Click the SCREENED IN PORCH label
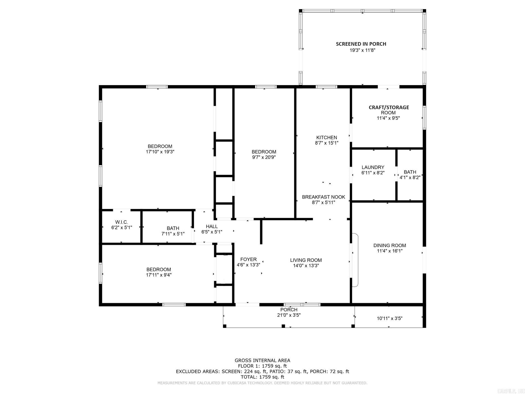click(x=361, y=44)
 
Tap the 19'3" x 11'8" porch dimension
click(x=362, y=50)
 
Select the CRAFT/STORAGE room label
click(x=389, y=107)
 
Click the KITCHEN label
click(x=326, y=137)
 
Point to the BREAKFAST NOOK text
click(x=323, y=197)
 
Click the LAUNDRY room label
click(x=373, y=167)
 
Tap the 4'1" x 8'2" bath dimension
click(x=410, y=177)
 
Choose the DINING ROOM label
click(x=390, y=245)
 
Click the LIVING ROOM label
click(x=306, y=260)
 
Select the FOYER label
click(x=248, y=259)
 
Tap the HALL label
click(x=212, y=226)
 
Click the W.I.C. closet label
click(x=121, y=222)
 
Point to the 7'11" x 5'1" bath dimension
click(x=173, y=234)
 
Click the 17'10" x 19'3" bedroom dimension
click(x=160, y=152)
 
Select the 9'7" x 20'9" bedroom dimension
click(x=264, y=157)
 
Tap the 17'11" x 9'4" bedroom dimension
click(x=159, y=275)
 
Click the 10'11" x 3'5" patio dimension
click(x=389, y=318)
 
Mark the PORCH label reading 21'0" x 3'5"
click(x=289, y=309)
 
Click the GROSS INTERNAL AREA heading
click(x=262, y=360)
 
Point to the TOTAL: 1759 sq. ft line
click(x=262, y=377)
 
